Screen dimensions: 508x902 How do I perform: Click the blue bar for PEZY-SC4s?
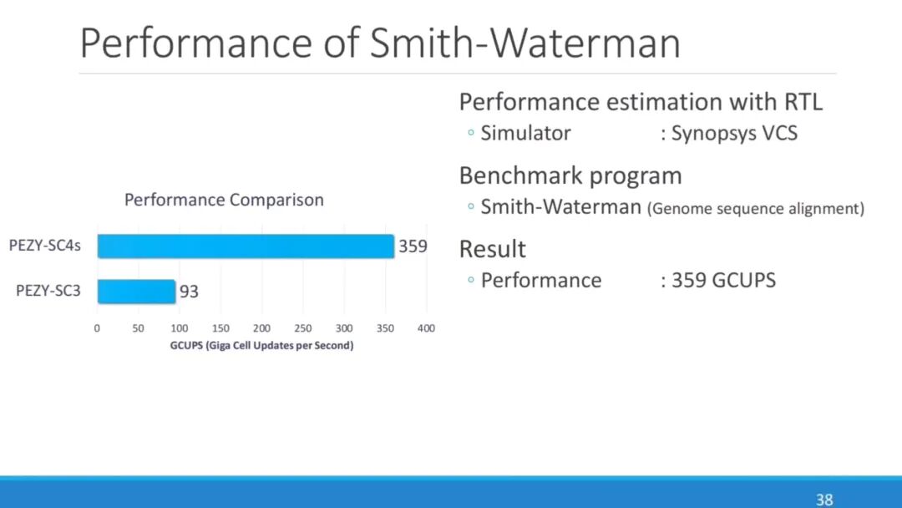coord(246,246)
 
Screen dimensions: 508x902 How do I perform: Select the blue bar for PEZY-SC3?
coord(136,292)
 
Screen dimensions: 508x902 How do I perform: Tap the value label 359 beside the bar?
coord(413,246)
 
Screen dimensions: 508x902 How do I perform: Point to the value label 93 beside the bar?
coord(189,292)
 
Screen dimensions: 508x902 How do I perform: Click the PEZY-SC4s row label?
coord(45,246)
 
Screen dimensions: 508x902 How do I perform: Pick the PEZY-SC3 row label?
coord(48,292)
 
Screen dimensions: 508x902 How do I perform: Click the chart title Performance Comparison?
coord(224,201)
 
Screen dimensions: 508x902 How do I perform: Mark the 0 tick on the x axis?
coord(97,328)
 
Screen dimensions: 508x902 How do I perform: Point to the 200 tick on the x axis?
coord(261,328)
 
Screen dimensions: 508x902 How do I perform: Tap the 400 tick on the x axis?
coord(426,328)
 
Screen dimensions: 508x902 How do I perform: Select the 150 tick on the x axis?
coord(220,328)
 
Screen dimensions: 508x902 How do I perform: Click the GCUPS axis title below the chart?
coord(261,346)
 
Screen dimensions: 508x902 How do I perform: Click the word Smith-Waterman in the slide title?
coord(525,43)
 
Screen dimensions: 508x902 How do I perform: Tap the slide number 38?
coord(824,500)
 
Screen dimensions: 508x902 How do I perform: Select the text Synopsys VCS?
coord(734,134)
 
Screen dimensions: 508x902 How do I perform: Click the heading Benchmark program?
coord(570,176)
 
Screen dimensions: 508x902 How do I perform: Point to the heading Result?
coord(493,249)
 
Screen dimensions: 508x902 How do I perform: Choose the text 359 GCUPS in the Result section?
coord(723,280)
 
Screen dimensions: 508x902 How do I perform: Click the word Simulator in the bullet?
coord(526,134)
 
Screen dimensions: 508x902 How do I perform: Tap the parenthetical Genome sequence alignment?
coord(756,209)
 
